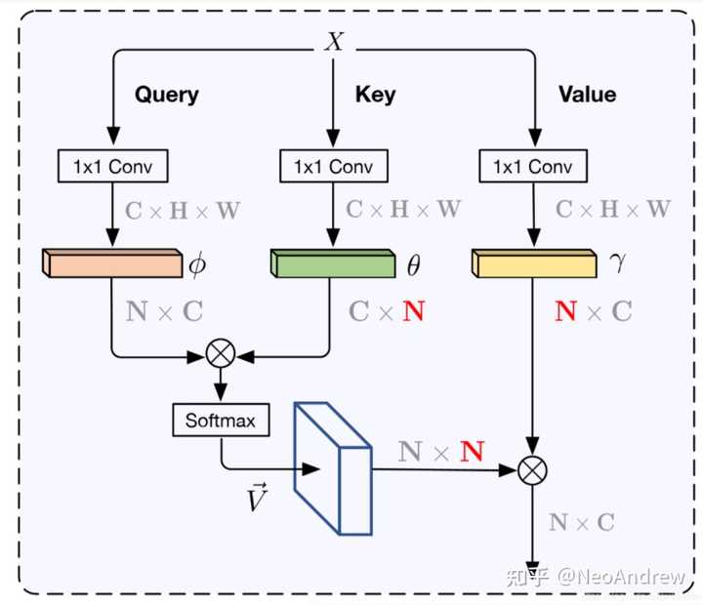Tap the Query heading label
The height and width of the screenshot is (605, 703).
166,95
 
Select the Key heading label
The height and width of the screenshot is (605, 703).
375,95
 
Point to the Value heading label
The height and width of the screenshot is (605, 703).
587,95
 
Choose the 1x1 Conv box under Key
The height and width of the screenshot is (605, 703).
333,166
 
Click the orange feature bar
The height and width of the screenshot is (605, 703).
112,262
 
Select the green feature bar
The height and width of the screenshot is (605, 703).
333,262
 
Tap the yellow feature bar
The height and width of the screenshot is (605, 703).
533,262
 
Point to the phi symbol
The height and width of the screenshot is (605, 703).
198,263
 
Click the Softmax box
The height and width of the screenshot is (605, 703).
220,421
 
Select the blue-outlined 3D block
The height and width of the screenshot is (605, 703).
333,469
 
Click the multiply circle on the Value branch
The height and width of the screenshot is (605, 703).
532,470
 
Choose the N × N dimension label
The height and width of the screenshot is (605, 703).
441,451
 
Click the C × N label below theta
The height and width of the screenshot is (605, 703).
387,311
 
